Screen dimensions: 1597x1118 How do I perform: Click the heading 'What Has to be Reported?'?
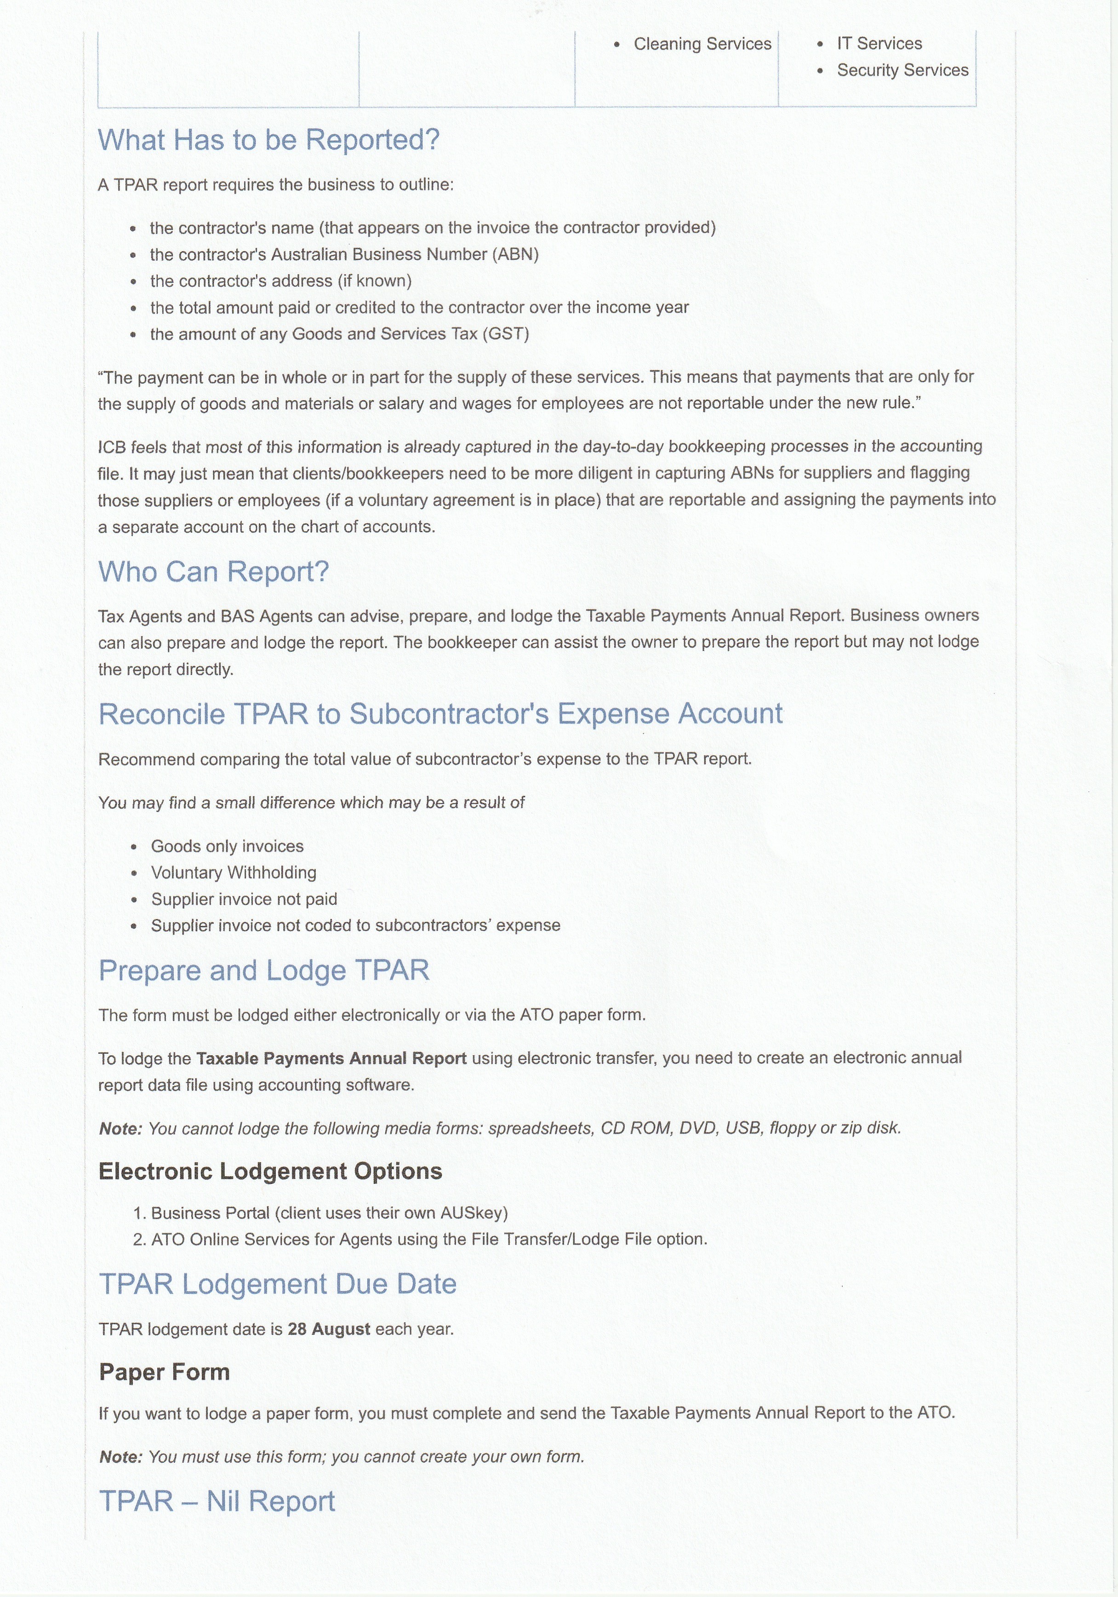pyautogui.click(x=268, y=140)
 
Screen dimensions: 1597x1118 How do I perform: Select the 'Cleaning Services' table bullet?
pyautogui.click(x=702, y=44)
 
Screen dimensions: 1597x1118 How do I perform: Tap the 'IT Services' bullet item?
pyautogui.click(x=879, y=43)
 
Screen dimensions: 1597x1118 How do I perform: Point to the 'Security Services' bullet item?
pyautogui.click(x=902, y=70)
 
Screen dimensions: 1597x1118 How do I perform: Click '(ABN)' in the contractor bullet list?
pyautogui.click(x=515, y=254)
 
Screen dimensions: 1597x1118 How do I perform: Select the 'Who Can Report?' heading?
pyautogui.click(x=213, y=572)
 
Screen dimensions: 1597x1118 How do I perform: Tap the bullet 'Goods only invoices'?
pyautogui.click(x=228, y=846)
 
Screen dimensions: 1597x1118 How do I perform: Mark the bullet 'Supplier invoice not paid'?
pyautogui.click(x=244, y=899)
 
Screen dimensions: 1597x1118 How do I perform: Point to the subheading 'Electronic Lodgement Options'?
pyautogui.click(x=270, y=1172)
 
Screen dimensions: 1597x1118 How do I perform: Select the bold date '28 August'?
pyautogui.click(x=329, y=1329)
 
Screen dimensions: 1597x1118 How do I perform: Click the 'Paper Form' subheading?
pyautogui.click(x=164, y=1373)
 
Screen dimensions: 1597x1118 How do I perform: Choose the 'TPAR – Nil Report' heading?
pyautogui.click(x=217, y=1501)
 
